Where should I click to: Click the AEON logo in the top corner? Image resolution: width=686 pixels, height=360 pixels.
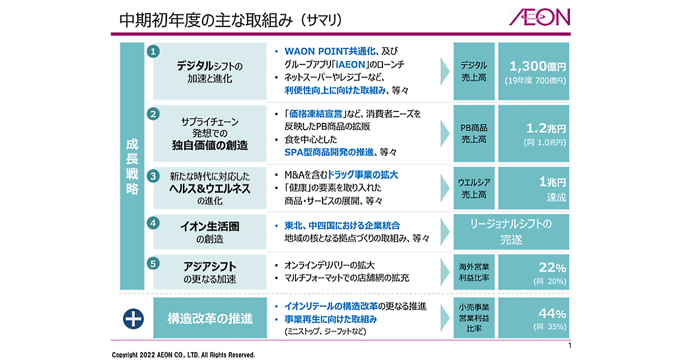click(x=540, y=18)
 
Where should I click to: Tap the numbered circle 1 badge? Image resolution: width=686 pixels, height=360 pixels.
click(x=153, y=51)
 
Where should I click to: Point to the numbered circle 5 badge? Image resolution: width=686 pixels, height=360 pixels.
click(x=153, y=263)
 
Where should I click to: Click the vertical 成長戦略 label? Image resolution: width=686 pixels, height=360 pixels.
click(x=132, y=166)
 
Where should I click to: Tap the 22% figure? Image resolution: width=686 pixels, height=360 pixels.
click(x=552, y=267)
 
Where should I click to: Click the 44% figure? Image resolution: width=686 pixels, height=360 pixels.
click(x=552, y=313)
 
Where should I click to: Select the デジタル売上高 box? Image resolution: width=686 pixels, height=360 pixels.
click(x=473, y=71)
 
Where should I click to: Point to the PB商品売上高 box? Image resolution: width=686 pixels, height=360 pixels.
click(x=473, y=133)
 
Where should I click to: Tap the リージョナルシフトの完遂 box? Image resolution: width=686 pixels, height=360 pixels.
click(x=511, y=231)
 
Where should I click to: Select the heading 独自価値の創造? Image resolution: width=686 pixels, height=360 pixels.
click(x=210, y=145)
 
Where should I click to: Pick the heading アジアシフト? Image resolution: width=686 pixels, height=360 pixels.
click(x=210, y=267)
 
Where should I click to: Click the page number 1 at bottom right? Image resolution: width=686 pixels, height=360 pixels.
click(x=569, y=346)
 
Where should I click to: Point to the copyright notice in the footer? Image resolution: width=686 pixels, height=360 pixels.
click(x=184, y=354)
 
